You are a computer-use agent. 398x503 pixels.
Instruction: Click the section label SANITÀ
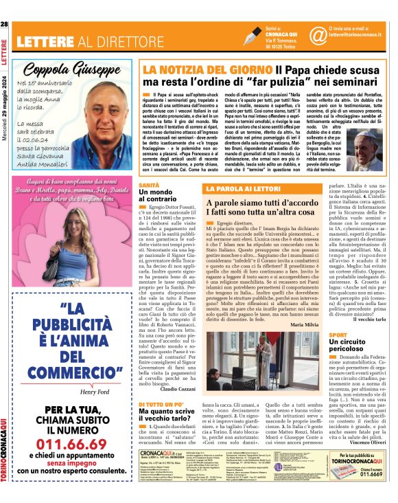click(150, 186)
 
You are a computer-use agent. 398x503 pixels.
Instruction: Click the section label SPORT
click(338, 334)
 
